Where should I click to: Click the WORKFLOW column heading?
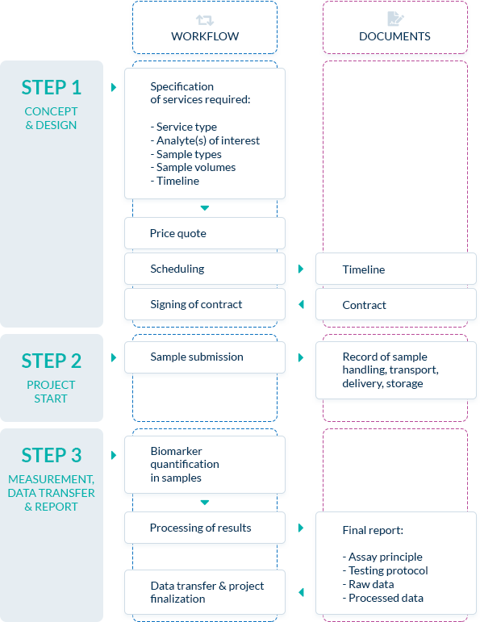205,36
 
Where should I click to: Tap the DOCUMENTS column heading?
394,36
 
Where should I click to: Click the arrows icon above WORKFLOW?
205,20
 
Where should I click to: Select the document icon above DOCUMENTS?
395,19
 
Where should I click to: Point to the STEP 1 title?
52,88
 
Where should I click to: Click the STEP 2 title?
52,361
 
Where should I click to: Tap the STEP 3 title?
52,455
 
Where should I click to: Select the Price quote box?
205,233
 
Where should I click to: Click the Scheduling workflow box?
205,269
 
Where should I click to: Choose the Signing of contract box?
205,304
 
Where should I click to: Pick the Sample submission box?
205,357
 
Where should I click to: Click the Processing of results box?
205,528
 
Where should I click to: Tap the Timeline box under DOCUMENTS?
396,269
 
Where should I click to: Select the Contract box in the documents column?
396,304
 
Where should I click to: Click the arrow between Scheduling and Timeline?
301,269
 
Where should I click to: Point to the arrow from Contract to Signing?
301,304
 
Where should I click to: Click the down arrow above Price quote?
205,208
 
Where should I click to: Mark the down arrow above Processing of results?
205,503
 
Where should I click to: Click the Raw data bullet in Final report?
368,584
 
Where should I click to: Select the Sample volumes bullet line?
193,168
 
